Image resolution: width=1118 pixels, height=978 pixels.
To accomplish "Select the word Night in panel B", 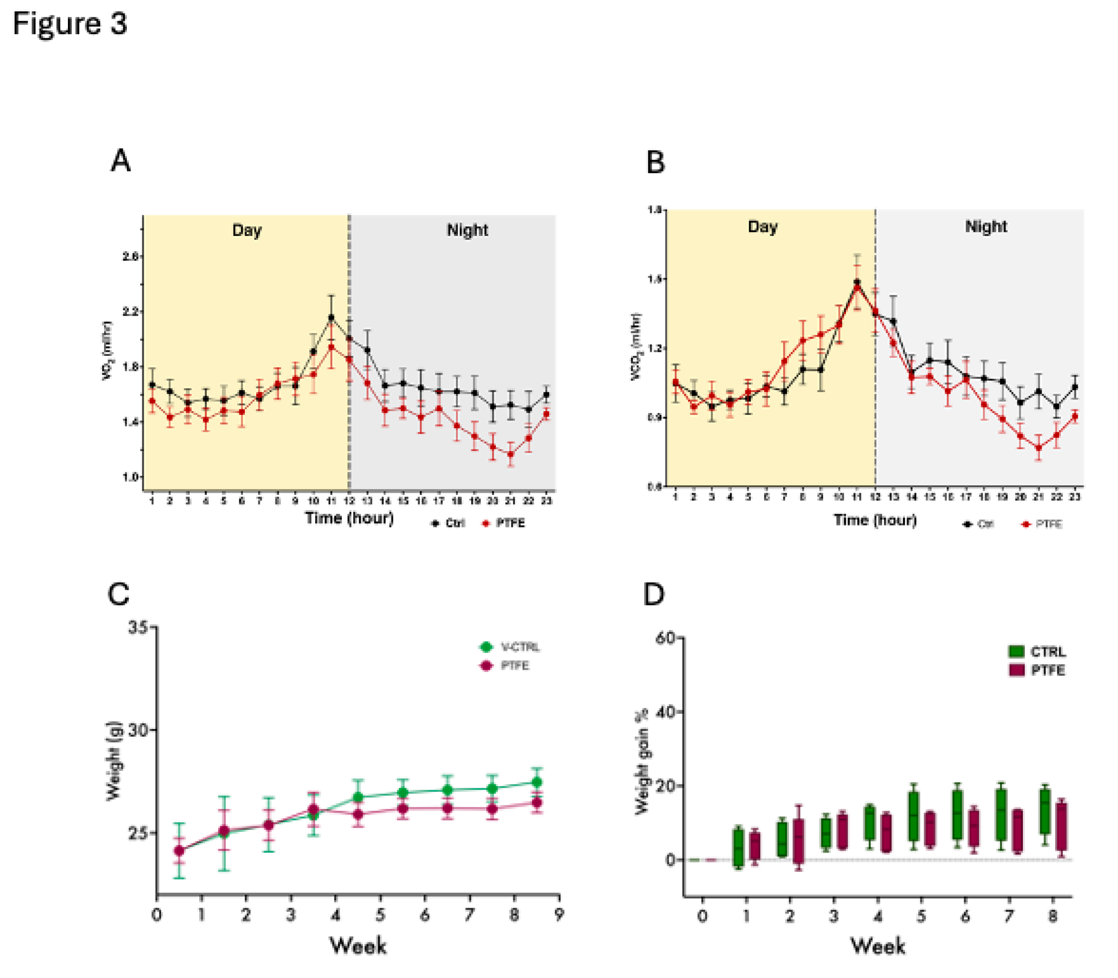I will (985, 227).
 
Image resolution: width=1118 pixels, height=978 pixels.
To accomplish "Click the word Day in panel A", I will (247, 230).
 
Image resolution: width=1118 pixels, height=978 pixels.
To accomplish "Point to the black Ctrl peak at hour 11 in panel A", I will (331, 317).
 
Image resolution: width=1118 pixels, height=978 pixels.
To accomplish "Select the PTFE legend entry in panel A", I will (504, 523).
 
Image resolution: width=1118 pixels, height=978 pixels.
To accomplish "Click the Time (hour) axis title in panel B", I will (875, 520).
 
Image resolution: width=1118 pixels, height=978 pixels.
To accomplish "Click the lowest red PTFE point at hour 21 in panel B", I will (1039, 448).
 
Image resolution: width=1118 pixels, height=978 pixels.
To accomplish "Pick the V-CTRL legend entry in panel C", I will (510, 647).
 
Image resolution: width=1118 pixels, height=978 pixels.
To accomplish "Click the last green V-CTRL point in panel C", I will (537, 783).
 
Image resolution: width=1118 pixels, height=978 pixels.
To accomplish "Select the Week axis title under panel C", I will (358, 945).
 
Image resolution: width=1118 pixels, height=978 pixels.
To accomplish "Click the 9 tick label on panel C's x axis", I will (559, 915).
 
